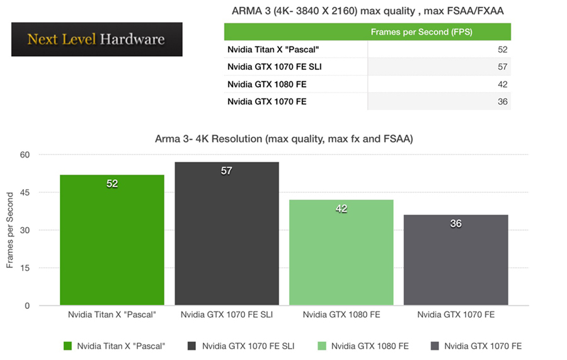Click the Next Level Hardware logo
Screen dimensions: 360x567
click(96, 39)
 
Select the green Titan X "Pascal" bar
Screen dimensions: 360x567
click(112, 246)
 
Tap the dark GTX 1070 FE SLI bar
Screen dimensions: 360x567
click(227, 240)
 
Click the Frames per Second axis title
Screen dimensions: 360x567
click(10, 230)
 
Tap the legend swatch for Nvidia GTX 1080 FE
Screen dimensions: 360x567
click(322, 345)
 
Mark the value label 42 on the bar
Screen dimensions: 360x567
click(341, 209)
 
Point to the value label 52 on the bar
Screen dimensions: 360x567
click(112, 183)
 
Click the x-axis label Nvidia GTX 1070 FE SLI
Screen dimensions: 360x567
click(227, 314)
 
